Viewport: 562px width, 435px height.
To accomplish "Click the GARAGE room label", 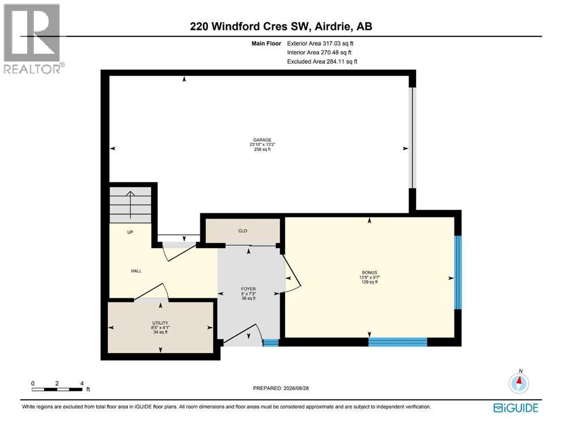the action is tap(263, 140).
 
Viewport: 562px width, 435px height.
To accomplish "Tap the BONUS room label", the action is tap(369, 272).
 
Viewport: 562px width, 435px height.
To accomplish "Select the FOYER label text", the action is tap(248, 289).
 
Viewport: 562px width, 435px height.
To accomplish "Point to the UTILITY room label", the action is tap(160, 323).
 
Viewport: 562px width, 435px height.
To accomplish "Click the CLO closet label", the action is tap(243, 231).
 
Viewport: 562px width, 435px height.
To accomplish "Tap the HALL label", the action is tap(136, 271).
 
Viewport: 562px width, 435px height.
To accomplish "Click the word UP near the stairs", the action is tap(130, 232).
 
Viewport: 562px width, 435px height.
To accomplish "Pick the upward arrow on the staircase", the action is tap(130, 204).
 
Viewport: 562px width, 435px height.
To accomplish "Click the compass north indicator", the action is tap(518, 382).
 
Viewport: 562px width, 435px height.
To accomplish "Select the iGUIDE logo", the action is tap(516, 408).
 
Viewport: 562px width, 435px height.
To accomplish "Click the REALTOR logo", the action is tap(32, 39).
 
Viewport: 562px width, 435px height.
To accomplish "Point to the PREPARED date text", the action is tap(281, 388).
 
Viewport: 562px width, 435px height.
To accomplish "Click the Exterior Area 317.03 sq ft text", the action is tap(320, 44).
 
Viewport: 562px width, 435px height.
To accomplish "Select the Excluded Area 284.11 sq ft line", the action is tap(322, 61).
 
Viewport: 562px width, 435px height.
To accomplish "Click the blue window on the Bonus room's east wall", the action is tap(458, 272).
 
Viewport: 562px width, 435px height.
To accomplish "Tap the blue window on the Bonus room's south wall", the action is tap(398, 342).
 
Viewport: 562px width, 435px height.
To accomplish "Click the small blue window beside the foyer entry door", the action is tap(271, 343).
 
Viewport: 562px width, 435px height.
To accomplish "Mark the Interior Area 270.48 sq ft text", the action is tap(319, 52).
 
